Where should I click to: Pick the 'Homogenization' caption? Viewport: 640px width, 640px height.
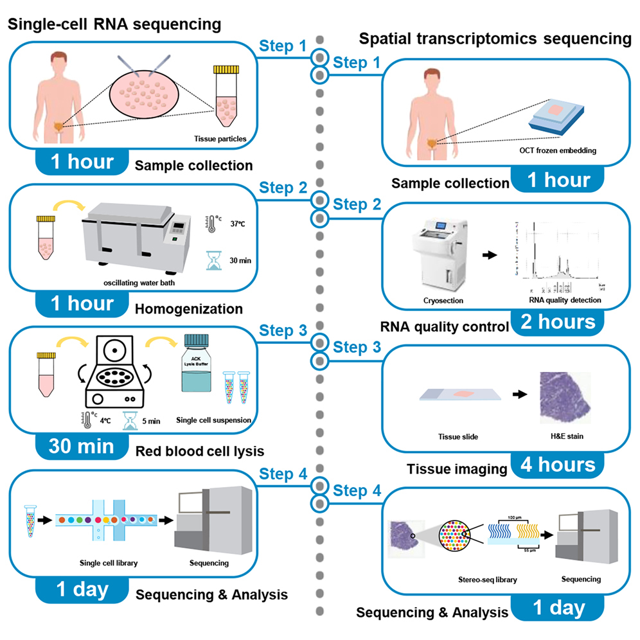pyautogui.click(x=189, y=309)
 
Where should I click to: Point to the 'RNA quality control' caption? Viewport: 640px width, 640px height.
pyautogui.click(x=450, y=327)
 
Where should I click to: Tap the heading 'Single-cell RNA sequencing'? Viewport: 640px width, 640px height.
pyautogui.click(x=114, y=24)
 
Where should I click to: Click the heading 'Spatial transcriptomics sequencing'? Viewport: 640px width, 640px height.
pyautogui.click(x=495, y=40)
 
